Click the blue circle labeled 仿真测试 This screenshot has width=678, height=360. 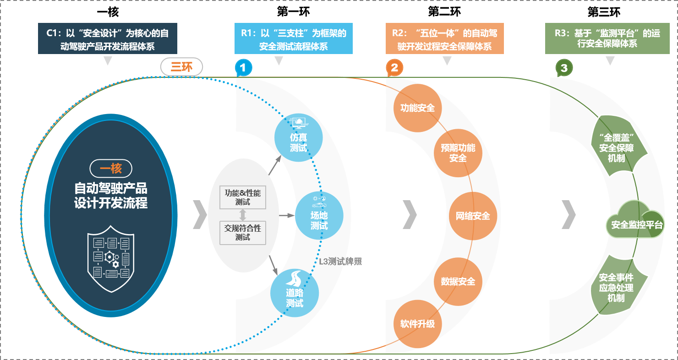[298, 137]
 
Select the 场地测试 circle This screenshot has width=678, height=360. [319, 215]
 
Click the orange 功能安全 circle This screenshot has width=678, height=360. [417, 108]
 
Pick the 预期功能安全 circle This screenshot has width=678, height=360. [458, 153]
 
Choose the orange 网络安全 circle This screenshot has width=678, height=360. [472, 216]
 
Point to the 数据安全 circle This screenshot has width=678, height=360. [458, 281]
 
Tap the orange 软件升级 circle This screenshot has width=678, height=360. [417, 324]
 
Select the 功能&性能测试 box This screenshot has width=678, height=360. [243, 197]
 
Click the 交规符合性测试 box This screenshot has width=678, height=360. [243, 232]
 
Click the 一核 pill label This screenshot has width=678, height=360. [111, 169]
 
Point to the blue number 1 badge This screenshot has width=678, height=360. [243, 68]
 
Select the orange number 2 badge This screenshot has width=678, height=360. [394, 68]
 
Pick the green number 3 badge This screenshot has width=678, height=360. [564, 68]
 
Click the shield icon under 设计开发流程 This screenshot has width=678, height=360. [111, 259]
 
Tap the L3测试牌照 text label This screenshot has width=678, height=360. [341, 262]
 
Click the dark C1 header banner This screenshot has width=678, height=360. [108, 39]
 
